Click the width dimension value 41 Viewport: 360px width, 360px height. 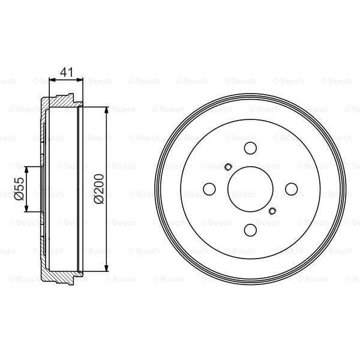coord(67,72)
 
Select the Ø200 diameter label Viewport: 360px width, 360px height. coord(98,188)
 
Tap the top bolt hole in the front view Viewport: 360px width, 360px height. coord(250,149)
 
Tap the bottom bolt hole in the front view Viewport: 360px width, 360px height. coord(250,230)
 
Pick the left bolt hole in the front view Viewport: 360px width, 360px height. coord(209,189)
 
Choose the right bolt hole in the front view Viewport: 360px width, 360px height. coord(291,189)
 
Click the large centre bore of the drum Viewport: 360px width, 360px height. coord(250,189)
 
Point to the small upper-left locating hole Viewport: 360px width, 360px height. coord(229,167)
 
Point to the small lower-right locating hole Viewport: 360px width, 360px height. coord(272,210)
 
